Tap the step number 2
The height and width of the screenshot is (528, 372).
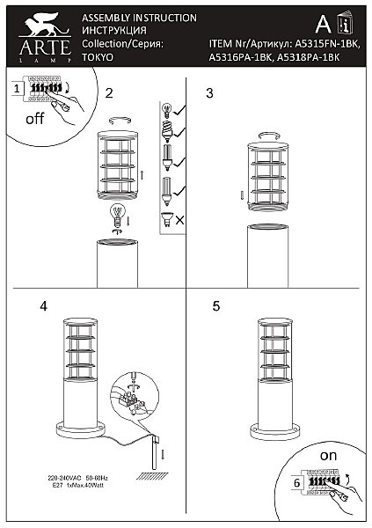(x=108, y=92)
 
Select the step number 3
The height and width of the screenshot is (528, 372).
(x=209, y=92)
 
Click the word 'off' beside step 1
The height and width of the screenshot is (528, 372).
(x=34, y=121)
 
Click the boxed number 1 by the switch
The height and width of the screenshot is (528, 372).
(x=17, y=89)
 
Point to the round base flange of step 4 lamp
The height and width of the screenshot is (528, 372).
(x=81, y=430)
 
